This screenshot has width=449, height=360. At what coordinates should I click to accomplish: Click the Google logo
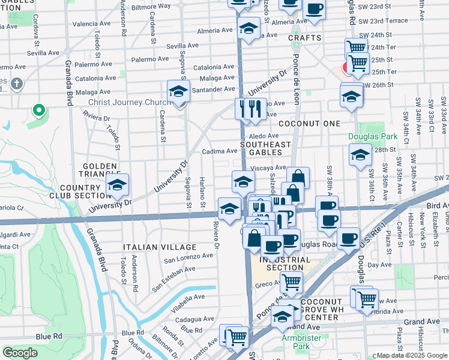(x=20, y=353)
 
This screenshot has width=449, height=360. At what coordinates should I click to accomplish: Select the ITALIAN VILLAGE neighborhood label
(x=159, y=247)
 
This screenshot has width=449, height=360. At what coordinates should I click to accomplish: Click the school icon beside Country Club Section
(x=117, y=185)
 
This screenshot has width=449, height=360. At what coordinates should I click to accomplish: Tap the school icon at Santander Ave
(x=178, y=92)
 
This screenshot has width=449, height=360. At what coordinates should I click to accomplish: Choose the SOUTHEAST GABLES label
(x=265, y=149)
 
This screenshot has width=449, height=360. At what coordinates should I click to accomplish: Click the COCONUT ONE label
(x=315, y=124)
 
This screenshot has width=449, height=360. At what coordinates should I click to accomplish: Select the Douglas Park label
(x=364, y=136)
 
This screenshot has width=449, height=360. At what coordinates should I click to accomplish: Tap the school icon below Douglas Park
(x=360, y=156)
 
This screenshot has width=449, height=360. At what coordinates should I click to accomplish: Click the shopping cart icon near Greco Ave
(x=291, y=281)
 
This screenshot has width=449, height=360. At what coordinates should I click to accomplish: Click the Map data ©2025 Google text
(x=411, y=355)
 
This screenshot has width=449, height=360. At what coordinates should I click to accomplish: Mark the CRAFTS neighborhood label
(x=304, y=38)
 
